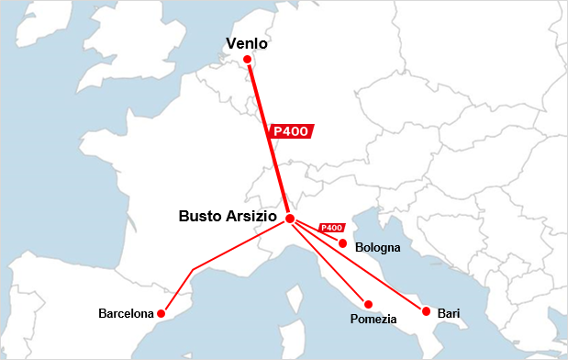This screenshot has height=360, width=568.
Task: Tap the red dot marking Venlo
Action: click(x=247, y=60)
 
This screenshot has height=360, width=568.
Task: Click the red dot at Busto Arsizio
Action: click(x=290, y=219)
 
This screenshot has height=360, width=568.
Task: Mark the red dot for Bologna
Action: click(x=342, y=243)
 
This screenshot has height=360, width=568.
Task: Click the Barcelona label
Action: click(x=126, y=314)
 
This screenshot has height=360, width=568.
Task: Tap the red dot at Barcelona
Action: click(x=161, y=313)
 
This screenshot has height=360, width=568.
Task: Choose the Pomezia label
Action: click(x=373, y=319)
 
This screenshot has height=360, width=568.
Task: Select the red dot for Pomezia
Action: click(x=368, y=304)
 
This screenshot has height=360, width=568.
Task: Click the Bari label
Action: click(x=448, y=313)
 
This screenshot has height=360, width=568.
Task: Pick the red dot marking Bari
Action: click(x=424, y=311)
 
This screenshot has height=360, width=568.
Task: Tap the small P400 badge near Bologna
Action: click(x=330, y=228)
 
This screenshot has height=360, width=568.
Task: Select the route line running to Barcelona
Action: click(x=239, y=244)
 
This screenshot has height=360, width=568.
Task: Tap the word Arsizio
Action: click(x=255, y=218)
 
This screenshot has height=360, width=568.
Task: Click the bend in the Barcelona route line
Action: click(x=192, y=269)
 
